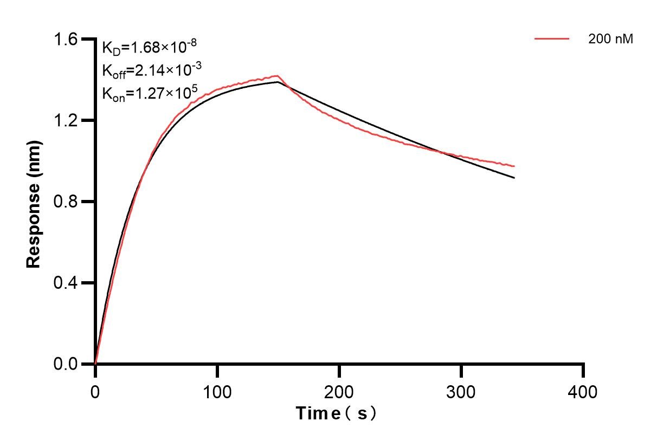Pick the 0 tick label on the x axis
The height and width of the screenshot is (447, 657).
[95, 391]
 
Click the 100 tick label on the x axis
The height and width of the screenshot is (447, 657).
[217, 391]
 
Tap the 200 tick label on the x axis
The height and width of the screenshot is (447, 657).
[339, 391]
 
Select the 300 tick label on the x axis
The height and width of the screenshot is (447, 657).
[461, 391]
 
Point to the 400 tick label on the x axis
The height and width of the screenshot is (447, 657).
[583, 391]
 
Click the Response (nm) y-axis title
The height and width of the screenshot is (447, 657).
[34, 202]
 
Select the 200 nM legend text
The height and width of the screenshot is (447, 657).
[611, 39]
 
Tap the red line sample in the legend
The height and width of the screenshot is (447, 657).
[552, 39]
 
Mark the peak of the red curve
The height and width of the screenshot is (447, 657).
[278, 76]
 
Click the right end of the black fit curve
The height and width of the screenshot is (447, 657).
[514, 178]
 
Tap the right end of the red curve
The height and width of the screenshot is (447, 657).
[514, 166]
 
